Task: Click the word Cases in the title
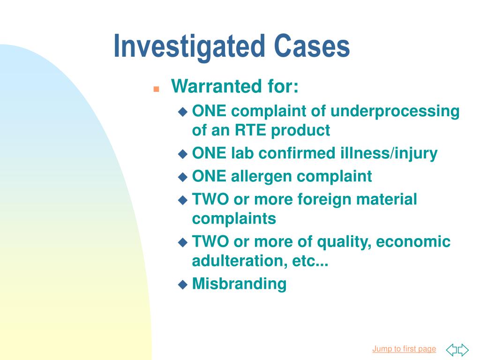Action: (x=312, y=45)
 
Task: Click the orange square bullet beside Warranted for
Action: (x=157, y=89)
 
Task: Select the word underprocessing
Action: (x=395, y=112)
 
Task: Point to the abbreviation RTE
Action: (x=250, y=130)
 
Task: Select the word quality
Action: (x=344, y=242)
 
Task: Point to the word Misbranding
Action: (x=240, y=284)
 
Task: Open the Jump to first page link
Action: (x=404, y=349)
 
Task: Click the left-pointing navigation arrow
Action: (x=451, y=350)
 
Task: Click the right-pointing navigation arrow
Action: (x=463, y=350)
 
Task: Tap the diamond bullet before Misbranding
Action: (x=183, y=285)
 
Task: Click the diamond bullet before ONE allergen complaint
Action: (x=183, y=177)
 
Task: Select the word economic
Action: (x=413, y=242)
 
